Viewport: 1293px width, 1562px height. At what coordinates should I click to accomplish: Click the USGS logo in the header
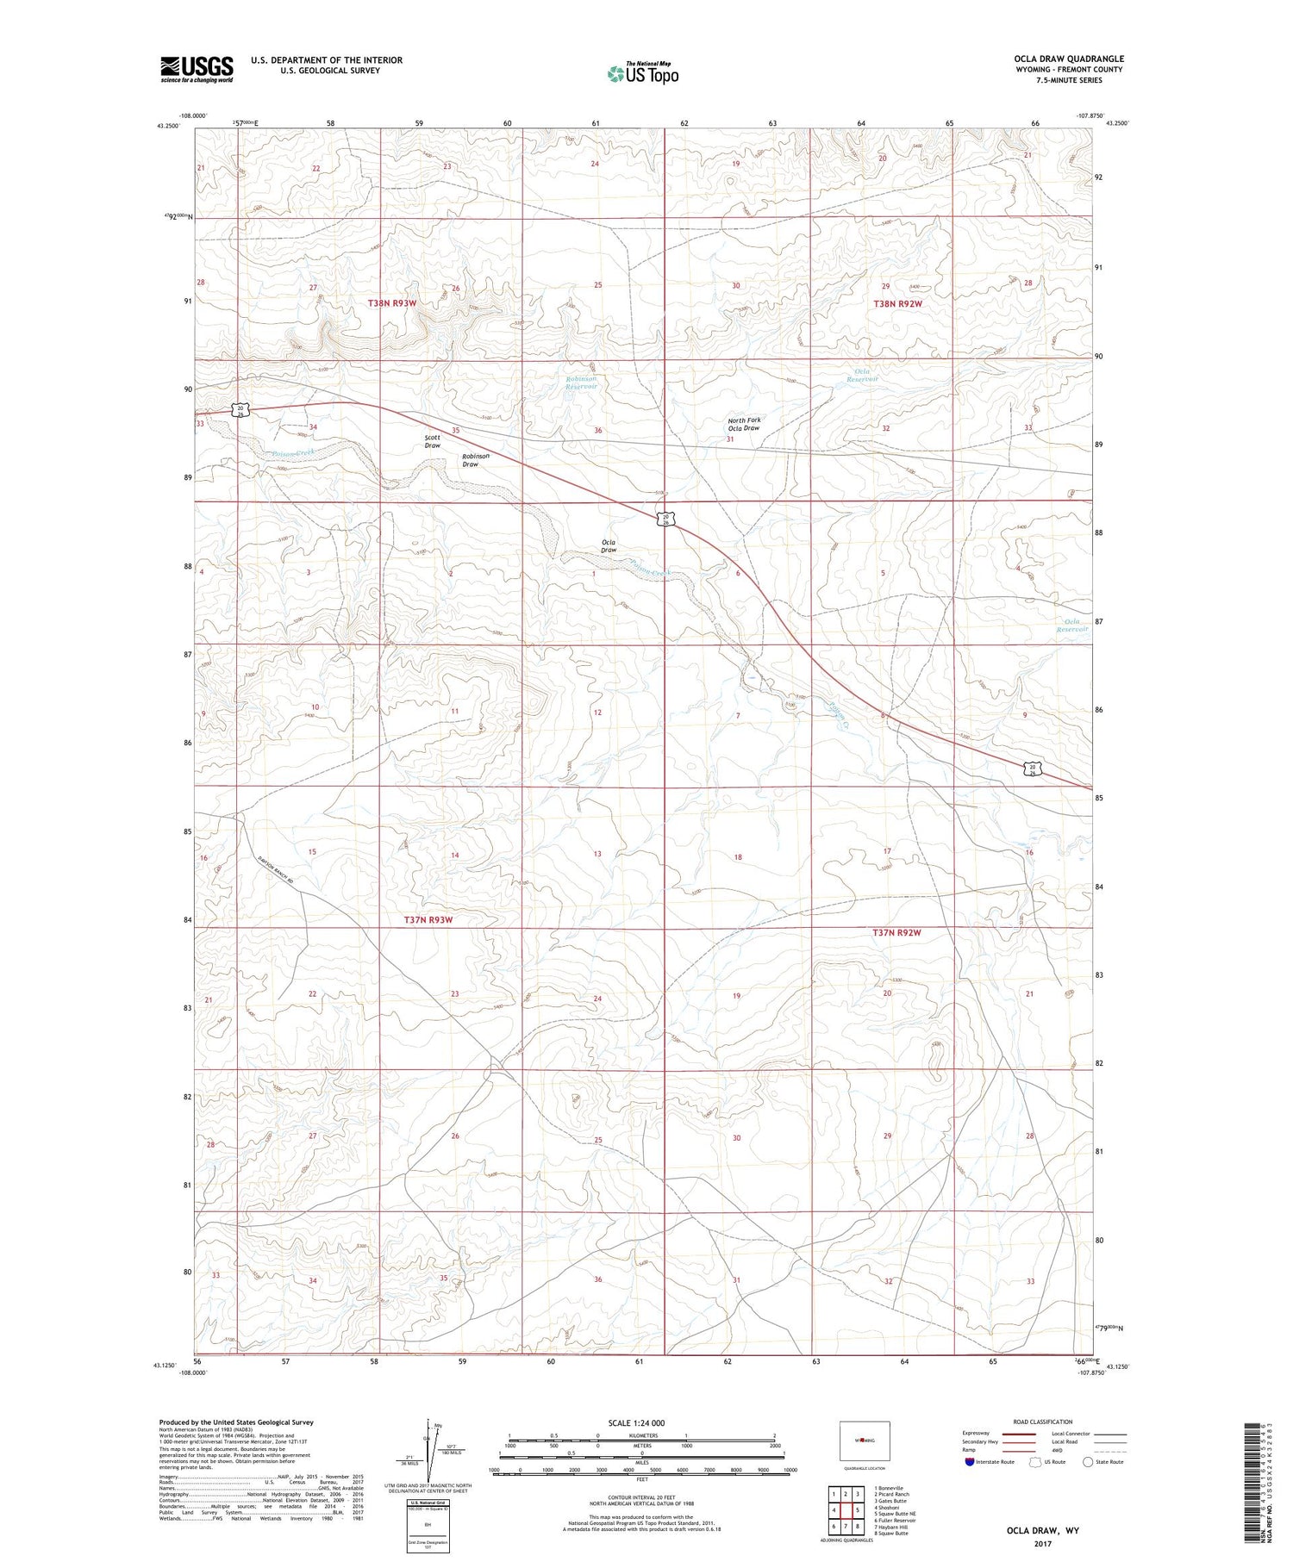(197, 69)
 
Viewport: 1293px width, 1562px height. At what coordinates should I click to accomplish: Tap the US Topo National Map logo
(642, 73)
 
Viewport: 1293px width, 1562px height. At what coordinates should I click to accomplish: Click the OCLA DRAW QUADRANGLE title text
(1069, 59)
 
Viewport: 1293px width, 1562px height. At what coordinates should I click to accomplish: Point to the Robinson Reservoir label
(581, 383)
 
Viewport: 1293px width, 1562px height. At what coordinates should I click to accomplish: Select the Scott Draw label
(433, 441)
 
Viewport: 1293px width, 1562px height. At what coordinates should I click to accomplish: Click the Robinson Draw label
(475, 460)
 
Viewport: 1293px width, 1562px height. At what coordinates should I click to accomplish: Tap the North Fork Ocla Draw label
(743, 424)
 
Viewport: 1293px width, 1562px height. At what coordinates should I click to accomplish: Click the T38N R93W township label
(392, 303)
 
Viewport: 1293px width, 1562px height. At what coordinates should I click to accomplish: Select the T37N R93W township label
(428, 920)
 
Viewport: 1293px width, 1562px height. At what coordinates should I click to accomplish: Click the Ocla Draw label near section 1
(609, 545)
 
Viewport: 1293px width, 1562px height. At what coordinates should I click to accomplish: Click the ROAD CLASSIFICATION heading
(1042, 1422)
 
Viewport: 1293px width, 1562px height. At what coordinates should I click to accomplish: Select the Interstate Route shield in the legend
(970, 1462)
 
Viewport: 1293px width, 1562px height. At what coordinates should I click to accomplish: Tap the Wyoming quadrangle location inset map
(863, 1440)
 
